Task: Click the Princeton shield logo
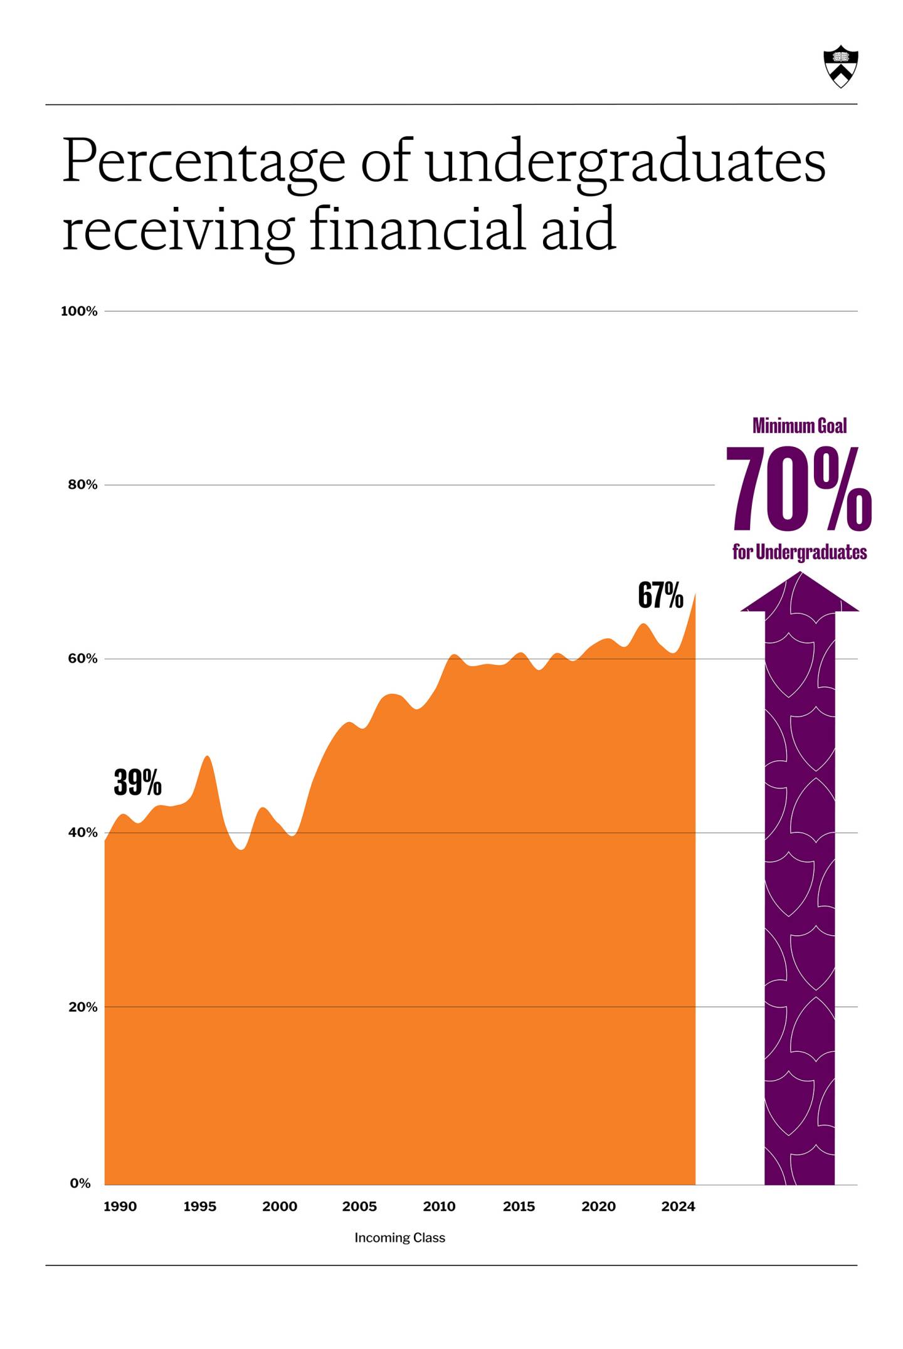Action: click(x=840, y=66)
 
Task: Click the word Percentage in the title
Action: click(x=204, y=162)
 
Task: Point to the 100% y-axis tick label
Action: click(x=79, y=312)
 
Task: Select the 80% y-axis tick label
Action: click(x=83, y=485)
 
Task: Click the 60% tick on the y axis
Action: click(x=83, y=659)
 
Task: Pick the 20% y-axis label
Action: click(x=83, y=1007)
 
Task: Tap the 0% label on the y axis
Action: click(x=80, y=1184)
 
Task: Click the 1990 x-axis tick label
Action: click(x=120, y=1207)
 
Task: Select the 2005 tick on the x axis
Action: click(x=359, y=1207)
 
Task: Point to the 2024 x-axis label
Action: click(x=678, y=1207)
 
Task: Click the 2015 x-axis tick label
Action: click(x=519, y=1207)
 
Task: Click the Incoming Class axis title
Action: click(x=399, y=1238)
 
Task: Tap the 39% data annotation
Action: click(x=137, y=783)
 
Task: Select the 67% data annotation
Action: click(x=660, y=596)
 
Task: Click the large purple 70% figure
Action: click(x=798, y=489)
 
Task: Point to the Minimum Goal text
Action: click(x=799, y=426)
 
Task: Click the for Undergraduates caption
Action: click(x=799, y=552)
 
